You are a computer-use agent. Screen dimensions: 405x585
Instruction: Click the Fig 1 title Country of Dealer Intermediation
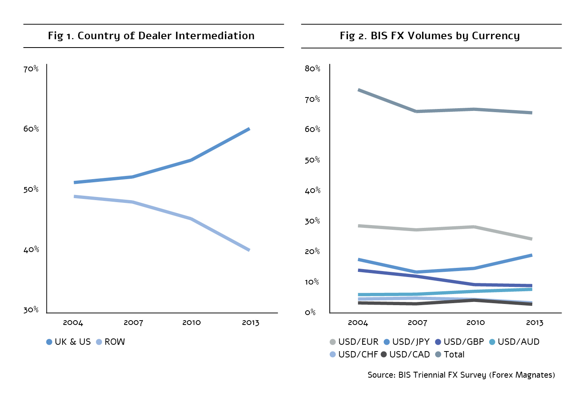151,36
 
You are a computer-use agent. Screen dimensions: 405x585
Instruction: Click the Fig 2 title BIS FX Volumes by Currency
430,36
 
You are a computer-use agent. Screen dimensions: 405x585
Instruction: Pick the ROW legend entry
111,342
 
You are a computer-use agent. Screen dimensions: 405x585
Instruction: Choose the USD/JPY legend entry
407,342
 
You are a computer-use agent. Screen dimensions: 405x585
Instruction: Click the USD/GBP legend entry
459,342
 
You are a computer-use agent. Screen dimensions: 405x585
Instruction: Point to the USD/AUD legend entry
514,342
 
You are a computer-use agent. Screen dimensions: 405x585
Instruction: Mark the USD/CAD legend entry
405,355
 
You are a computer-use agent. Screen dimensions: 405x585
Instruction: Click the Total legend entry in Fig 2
450,355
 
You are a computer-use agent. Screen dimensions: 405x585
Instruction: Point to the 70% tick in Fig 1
31,69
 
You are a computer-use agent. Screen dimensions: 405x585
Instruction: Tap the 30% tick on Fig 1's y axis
31,310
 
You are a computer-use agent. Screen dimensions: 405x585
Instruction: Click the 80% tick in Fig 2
312,69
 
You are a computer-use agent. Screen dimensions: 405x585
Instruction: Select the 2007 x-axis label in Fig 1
133,323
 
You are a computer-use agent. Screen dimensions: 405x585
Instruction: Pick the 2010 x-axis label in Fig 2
476,323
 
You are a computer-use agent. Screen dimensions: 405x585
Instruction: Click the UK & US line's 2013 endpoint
249,129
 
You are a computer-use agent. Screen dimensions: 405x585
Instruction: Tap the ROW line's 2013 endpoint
249,250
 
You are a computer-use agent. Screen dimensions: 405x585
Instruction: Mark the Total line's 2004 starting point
358,90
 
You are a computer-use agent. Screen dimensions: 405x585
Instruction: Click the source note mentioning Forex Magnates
461,375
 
